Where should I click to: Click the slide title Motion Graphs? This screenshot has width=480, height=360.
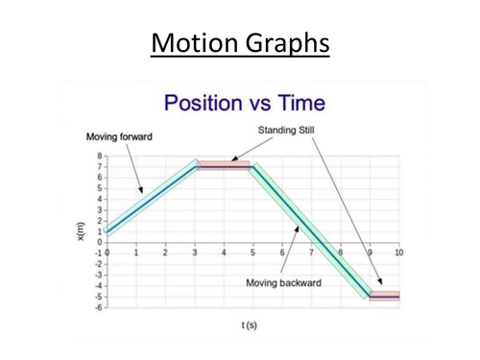click(240, 44)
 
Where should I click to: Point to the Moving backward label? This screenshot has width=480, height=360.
click(282, 283)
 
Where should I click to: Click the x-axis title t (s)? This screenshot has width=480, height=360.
click(248, 324)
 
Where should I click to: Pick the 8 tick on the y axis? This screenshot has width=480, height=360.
click(100, 156)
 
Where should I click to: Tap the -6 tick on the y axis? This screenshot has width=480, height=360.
click(98, 308)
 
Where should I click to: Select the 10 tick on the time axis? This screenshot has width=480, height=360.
click(398, 252)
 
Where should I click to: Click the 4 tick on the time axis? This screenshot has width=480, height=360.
click(224, 252)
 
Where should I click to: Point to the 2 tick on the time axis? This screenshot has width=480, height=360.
click(165, 252)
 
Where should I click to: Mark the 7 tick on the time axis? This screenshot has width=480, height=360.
click(312, 252)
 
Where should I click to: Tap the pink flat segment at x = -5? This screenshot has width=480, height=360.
click(384, 297)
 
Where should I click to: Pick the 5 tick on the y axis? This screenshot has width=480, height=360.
click(100, 188)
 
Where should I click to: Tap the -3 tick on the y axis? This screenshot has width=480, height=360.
click(98, 275)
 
